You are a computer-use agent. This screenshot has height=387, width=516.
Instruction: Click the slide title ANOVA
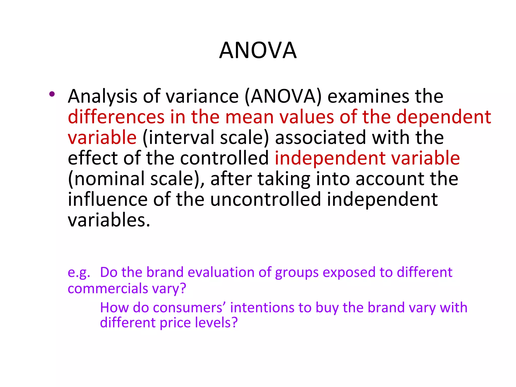point(258,50)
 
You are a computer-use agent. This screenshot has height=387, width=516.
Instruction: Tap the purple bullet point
point(52,94)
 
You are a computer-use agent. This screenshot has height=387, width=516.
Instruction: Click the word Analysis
point(102,97)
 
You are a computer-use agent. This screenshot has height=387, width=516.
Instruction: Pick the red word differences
point(116,117)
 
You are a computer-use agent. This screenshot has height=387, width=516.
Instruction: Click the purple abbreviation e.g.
point(79,273)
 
